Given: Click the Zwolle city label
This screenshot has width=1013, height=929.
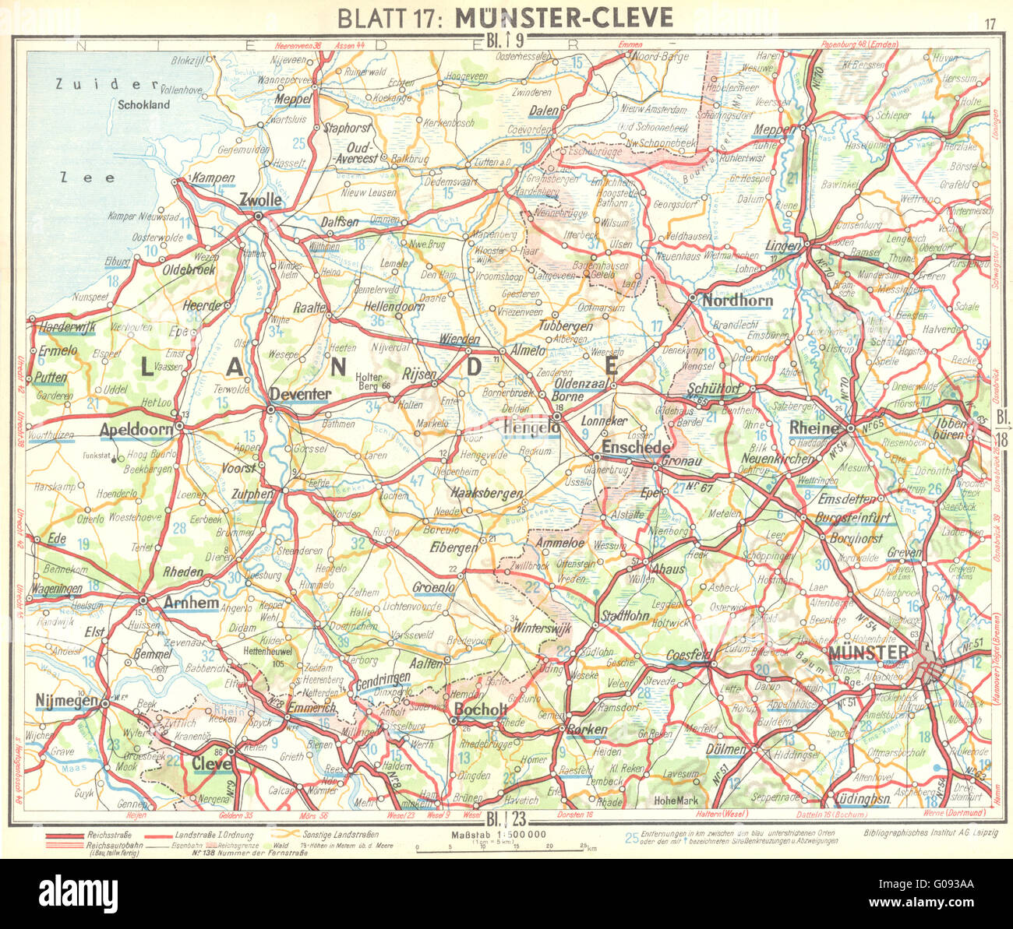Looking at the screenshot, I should pyautogui.click(x=260, y=200).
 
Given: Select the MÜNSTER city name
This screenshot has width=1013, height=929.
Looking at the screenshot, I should pyautogui.click(x=869, y=652).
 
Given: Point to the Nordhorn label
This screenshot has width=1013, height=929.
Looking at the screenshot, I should pyautogui.click(x=737, y=301).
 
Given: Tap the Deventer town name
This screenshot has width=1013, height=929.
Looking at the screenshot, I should pyautogui.click(x=300, y=395).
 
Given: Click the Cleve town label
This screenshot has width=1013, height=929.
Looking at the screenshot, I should pyautogui.click(x=212, y=764).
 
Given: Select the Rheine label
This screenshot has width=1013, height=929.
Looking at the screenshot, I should pyautogui.click(x=814, y=428).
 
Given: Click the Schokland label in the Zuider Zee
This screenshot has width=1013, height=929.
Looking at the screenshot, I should pyautogui.click(x=144, y=104).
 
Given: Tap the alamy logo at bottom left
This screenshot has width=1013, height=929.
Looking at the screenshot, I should pyautogui.click(x=69, y=892).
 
